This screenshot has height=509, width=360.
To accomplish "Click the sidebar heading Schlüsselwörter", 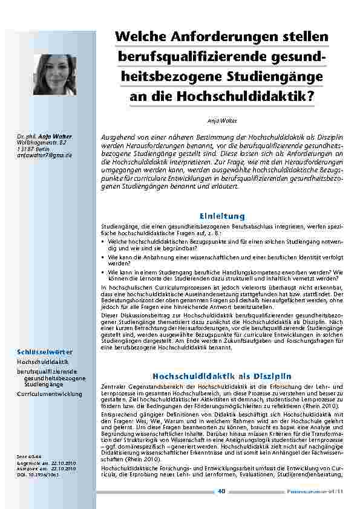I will pos(45,351).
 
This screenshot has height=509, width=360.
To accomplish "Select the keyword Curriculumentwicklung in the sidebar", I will pos(49,394).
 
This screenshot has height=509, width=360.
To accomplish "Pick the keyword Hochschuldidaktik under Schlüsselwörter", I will pos(42,361).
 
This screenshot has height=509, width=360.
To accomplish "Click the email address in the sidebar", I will pos(44,155).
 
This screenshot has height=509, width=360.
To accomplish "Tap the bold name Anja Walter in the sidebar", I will pos(51,137).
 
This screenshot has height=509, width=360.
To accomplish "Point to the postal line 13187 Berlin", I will pos(36,149).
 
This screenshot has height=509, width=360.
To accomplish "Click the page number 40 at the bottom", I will pos(221,491).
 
